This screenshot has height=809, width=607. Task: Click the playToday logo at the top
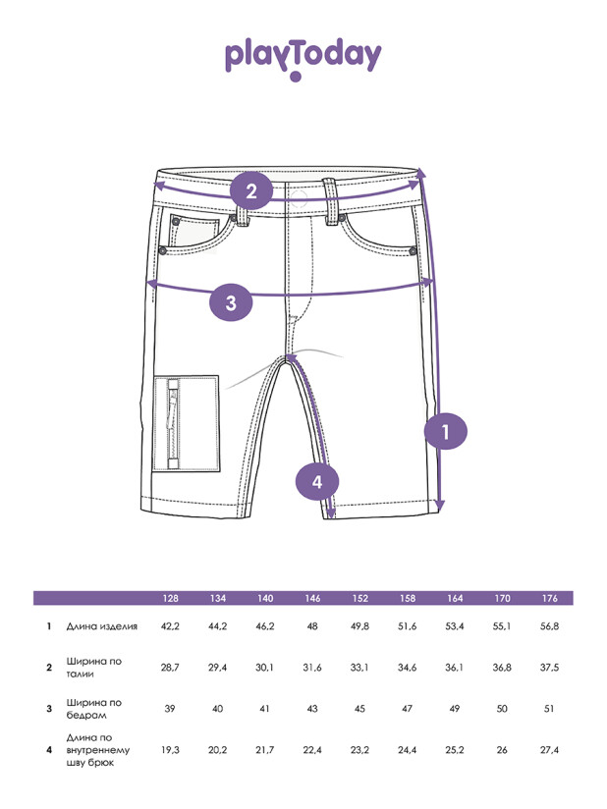pyautogui.click(x=303, y=58)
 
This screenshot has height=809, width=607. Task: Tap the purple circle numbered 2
pyautogui.click(x=251, y=190)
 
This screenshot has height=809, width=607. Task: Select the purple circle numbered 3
pyautogui.click(x=231, y=301)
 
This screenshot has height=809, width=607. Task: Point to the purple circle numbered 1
pyautogui.click(x=446, y=431)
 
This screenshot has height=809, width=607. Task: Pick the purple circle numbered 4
pyautogui.click(x=317, y=481)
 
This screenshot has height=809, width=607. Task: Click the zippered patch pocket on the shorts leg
pyautogui.click(x=187, y=423)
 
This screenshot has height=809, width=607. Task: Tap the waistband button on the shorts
pyautogui.click(x=299, y=198)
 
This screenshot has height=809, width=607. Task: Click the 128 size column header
pyautogui.click(x=170, y=598)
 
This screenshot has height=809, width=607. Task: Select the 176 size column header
pyautogui.click(x=550, y=598)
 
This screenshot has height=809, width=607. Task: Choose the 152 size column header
pyautogui.click(x=359, y=598)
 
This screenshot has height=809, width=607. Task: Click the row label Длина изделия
pyautogui.click(x=102, y=626)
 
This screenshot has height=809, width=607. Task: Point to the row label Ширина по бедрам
pyautogui.click(x=94, y=709)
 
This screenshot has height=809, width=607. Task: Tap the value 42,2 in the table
pyautogui.click(x=170, y=626)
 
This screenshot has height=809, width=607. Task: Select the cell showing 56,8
pyautogui.click(x=550, y=626)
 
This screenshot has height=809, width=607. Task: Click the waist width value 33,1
pyautogui.click(x=359, y=667)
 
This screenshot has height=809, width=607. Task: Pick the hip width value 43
pyautogui.click(x=312, y=709)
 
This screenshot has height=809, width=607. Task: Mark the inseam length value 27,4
pyautogui.click(x=550, y=750)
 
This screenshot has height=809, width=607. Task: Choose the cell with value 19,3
pyautogui.click(x=170, y=750)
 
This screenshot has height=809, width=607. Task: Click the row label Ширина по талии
pyautogui.click(x=94, y=667)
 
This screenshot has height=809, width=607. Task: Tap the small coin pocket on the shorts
pyautogui.click(x=192, y=232)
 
